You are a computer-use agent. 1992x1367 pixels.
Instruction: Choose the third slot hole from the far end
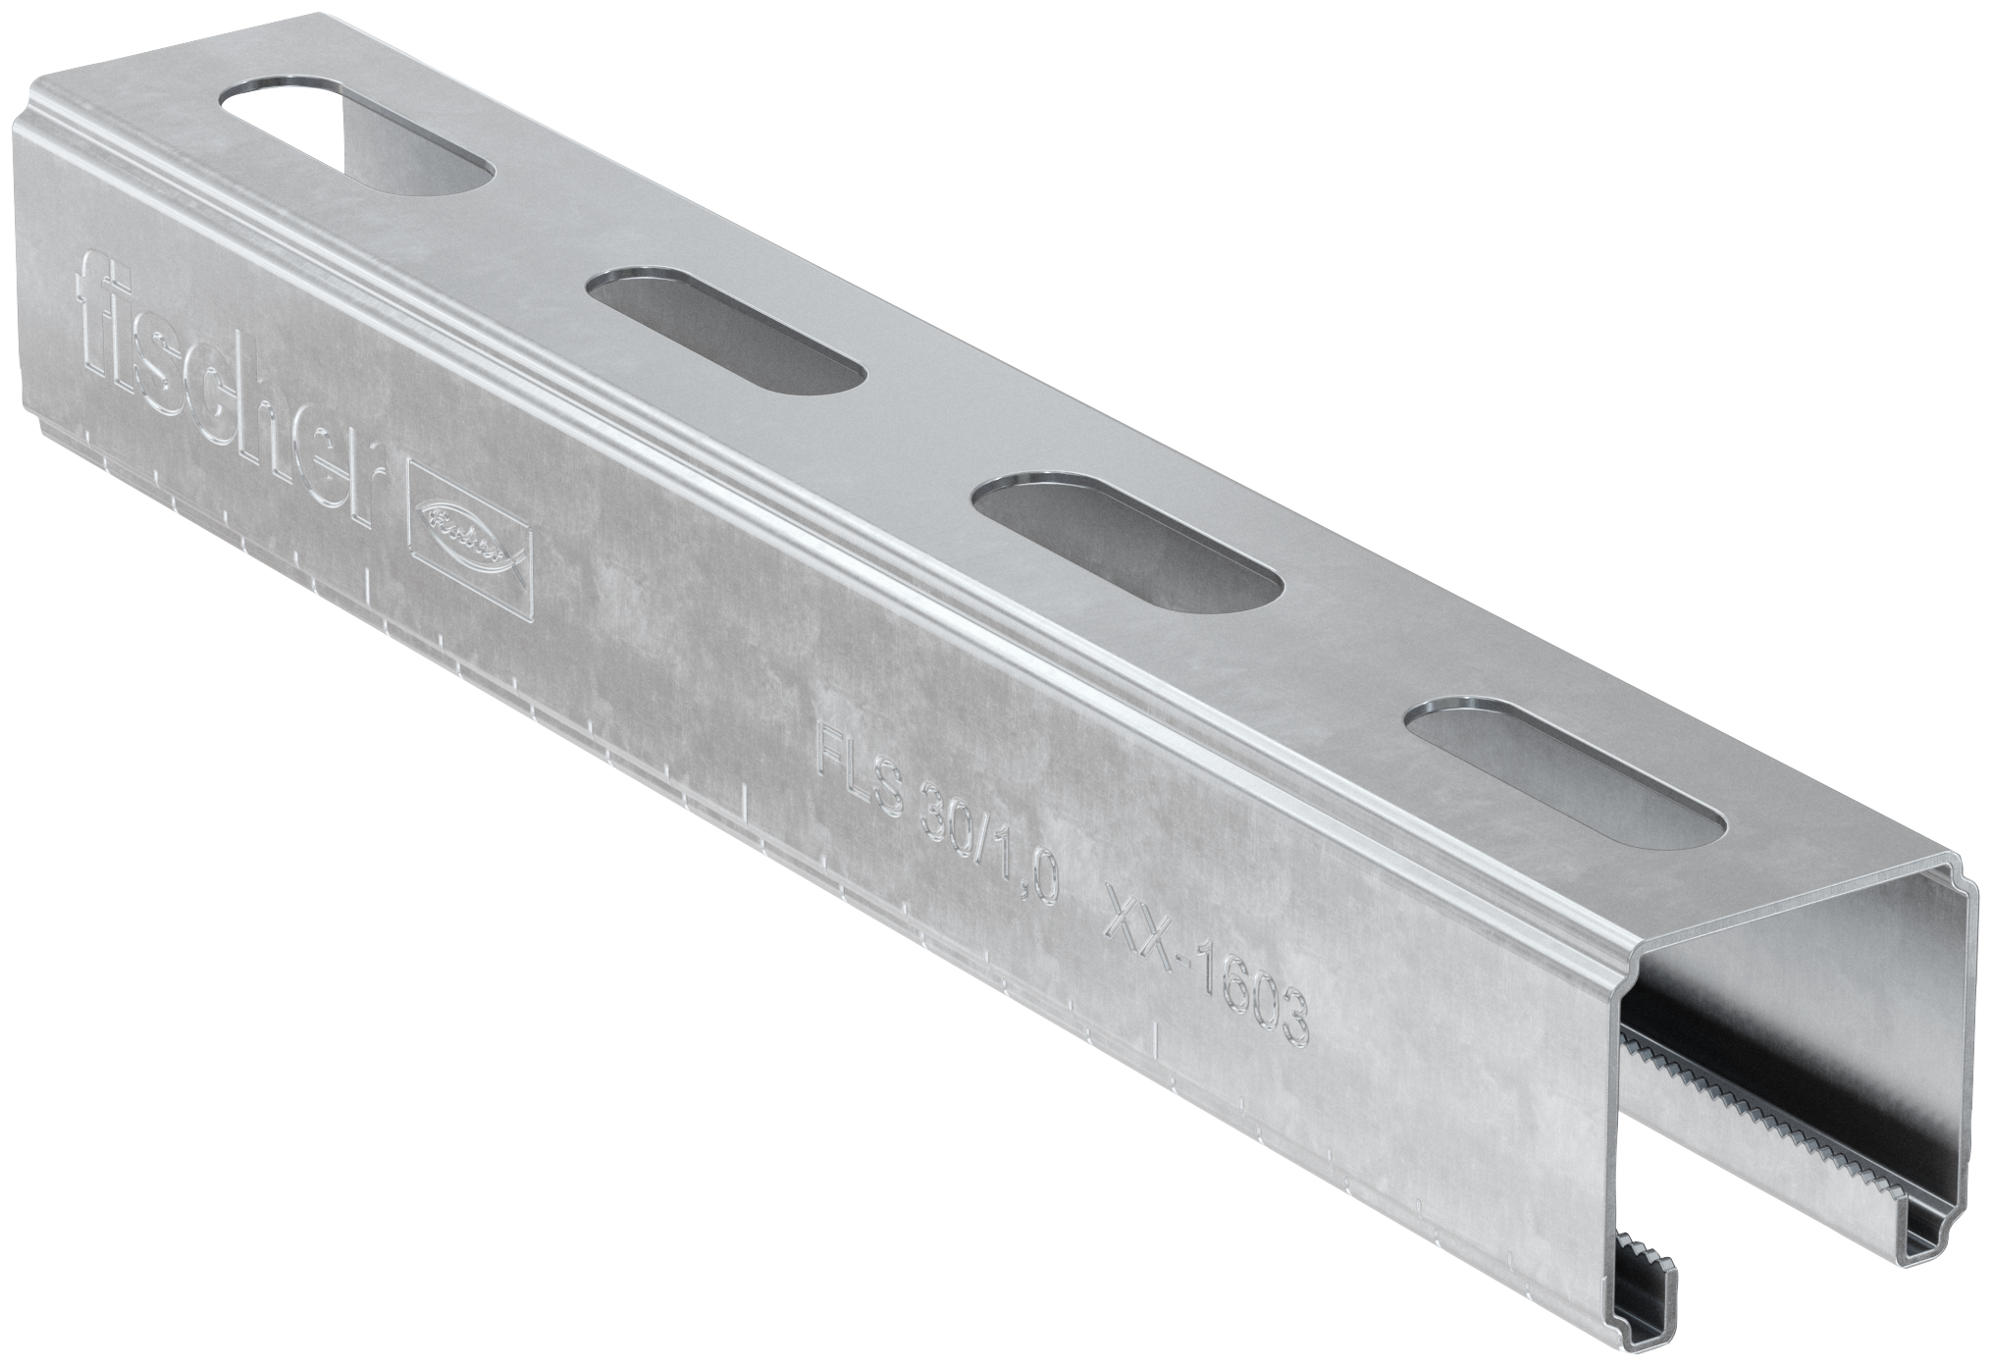(1127, 550)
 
